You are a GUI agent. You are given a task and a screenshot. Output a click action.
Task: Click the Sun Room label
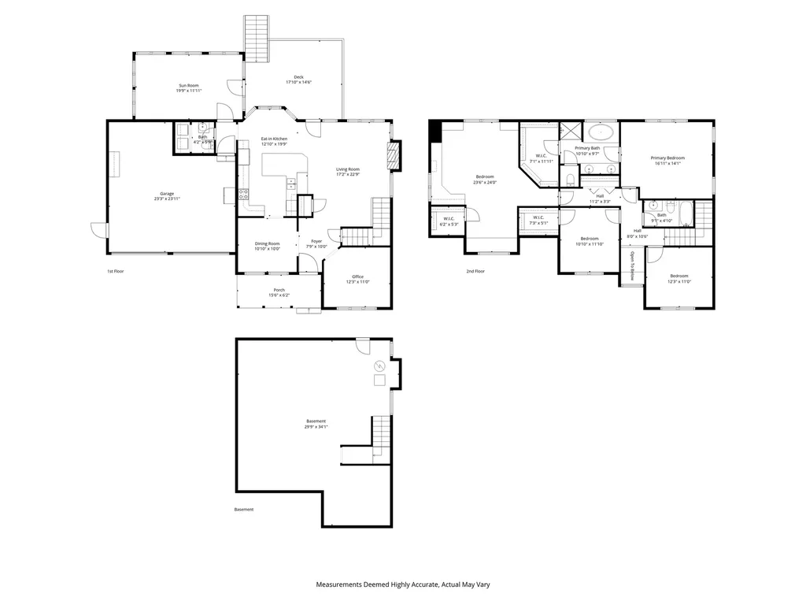click(x=188, y=85)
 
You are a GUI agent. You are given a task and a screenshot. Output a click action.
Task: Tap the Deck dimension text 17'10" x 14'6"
click(x=298, y=82)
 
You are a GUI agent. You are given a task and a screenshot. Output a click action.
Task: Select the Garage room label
click(x=167, y=193)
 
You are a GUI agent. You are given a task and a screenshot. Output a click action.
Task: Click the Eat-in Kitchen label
click(x=274, y=139)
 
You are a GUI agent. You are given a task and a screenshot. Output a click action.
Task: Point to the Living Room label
click(x=348, y=169)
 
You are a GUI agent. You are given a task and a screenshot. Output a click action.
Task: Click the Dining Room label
click(x=267, y=243)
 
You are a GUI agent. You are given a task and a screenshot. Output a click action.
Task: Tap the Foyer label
click(x=316, y=241)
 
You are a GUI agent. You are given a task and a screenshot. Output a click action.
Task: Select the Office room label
click(x=357, y=277)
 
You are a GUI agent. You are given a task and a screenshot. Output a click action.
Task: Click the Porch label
click(x=279, y=290)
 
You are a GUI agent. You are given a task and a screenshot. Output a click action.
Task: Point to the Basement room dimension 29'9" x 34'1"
click(x=316, y=426)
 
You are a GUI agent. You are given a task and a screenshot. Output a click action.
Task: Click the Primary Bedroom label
click(x=667, y=158)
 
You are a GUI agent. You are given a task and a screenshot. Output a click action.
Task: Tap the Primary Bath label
click(x=587, y=148)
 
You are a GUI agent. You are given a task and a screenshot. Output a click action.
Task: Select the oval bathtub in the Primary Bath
click(x=601, y=132)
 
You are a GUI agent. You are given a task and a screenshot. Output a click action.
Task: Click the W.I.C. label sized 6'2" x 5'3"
click(x=449, y=218)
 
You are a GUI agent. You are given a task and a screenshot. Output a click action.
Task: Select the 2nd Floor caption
click(x=475, y=271)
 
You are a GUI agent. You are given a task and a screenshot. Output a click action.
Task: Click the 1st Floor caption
click(x=116, y=271)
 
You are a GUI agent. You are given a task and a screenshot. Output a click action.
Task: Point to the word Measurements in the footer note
click(x=339, y=585)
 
